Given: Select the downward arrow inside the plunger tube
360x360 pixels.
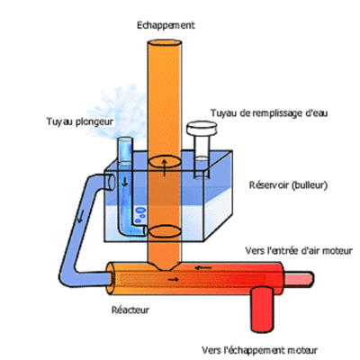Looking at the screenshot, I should [124, 182].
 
